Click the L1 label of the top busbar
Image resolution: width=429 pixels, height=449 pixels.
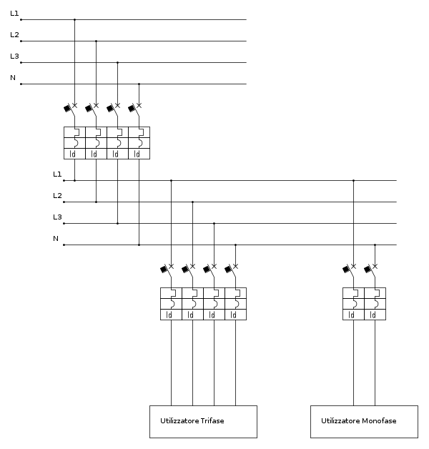coord(14,13)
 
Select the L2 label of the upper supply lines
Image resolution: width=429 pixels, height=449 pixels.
coord(14,34)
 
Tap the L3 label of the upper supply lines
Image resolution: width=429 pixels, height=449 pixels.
coord(14,56)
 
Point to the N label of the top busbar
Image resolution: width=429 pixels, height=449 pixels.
coord(13,78)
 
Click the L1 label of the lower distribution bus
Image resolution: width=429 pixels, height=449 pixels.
coord(57,174)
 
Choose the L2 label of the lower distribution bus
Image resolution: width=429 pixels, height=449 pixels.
coord(57,196)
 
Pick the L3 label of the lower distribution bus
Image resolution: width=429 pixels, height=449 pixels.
coord(57,217)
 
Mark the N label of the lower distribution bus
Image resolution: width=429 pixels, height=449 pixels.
coord(56,239)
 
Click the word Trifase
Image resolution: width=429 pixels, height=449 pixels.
coord(212,420)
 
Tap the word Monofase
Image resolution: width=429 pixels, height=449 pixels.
coord(379,420)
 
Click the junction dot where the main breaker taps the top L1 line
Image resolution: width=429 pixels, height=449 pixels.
coord(75,20)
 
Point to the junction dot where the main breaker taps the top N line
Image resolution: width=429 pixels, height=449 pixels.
coord(139,84)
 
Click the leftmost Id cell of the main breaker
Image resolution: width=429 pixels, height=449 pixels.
coord(74,154)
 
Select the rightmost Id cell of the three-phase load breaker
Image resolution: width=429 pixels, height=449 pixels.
coord(236,315)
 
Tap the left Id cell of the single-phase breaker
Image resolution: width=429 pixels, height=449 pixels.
coord(353,315)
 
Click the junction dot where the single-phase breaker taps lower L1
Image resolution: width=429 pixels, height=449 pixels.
coord(353,181)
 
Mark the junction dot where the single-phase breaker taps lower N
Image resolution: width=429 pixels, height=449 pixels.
coord(375,245)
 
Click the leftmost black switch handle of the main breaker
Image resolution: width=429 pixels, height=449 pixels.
coord(67,108)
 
